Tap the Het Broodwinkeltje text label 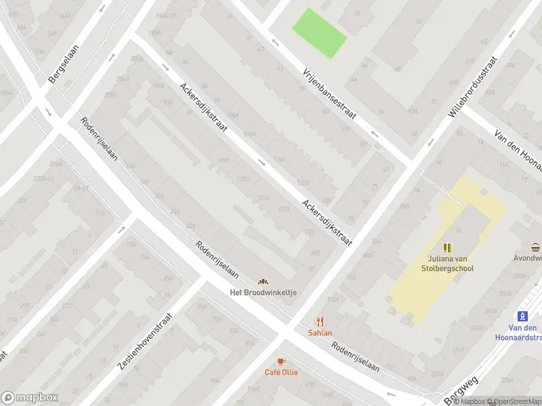[x=262, y=292]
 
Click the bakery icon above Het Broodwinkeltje [x=262, y=281]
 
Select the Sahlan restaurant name [x=320, y=332]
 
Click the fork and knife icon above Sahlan [x=320, y=321]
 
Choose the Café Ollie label [x=280, y=372]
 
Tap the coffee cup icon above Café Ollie [x=280, y=361]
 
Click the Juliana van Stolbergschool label [x=446, y=263]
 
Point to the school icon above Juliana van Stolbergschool [x=446, y=248]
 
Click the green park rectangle [x=319, y=32]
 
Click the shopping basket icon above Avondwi [x=536, y=247]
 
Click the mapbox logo [x=30, y=397]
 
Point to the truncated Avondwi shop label [x=528, y=258]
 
